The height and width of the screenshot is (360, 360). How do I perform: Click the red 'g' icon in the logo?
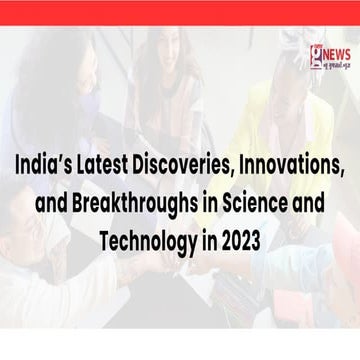(x=316, y=55)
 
